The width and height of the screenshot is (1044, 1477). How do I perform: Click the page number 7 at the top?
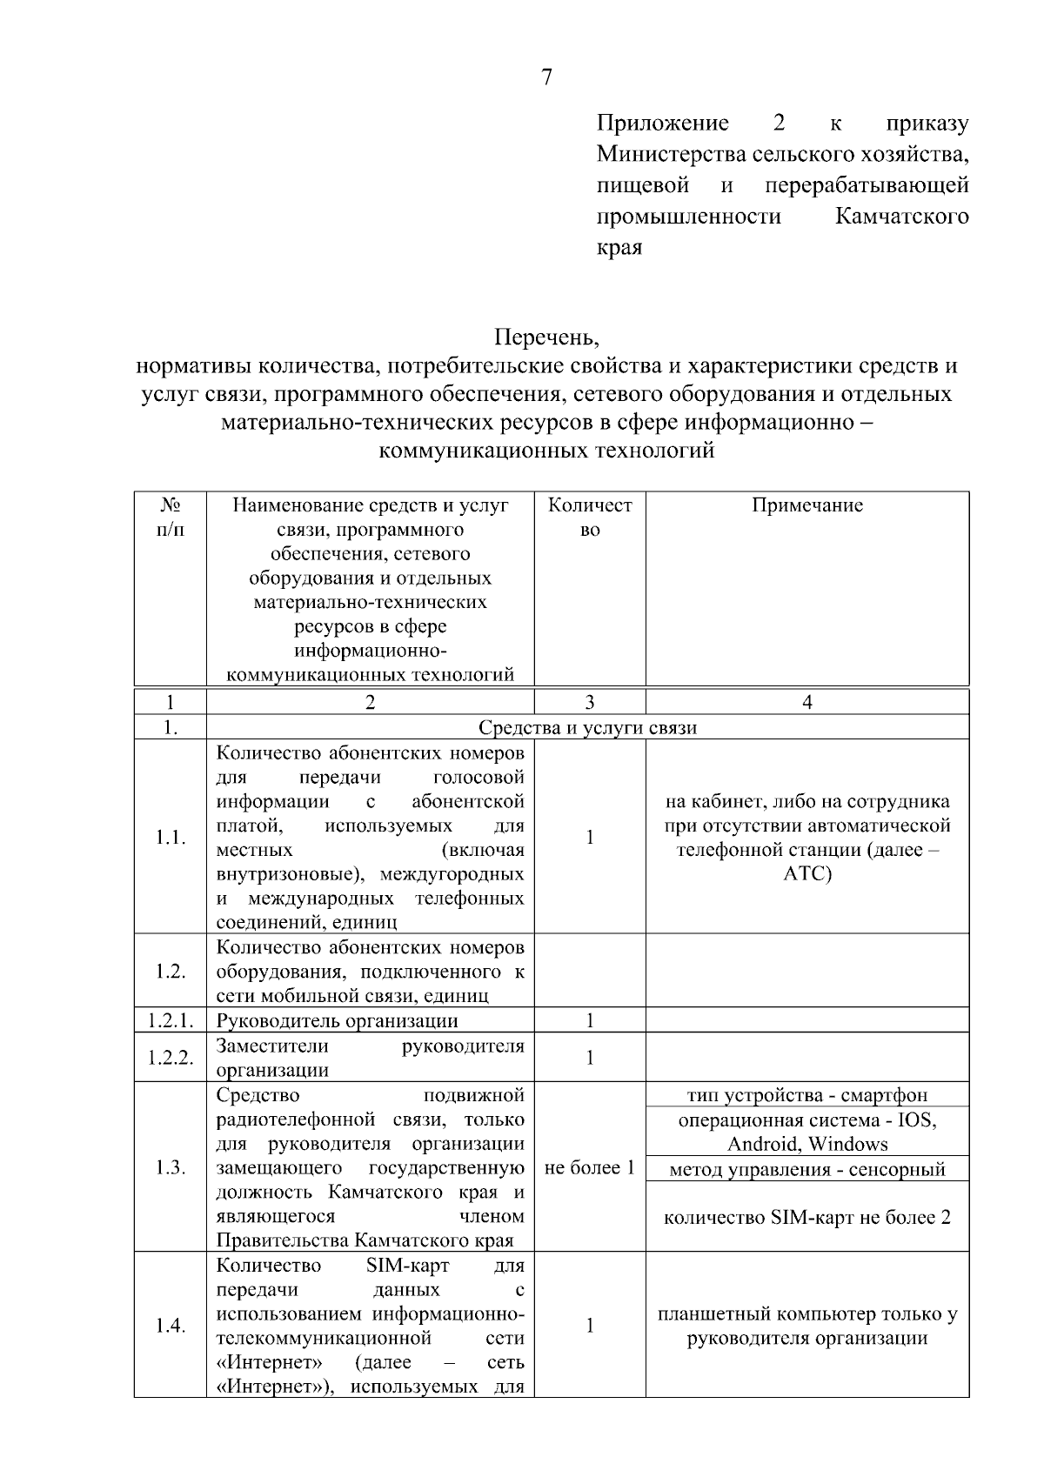[546, 78]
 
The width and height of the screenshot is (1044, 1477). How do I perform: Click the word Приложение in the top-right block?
[662, 124]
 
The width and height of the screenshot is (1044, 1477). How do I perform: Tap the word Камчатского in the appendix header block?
[901, 216]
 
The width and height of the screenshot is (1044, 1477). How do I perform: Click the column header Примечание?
[806, 506]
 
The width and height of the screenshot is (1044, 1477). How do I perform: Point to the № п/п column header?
[171, 517]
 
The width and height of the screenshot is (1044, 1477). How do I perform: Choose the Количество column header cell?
[589, 517]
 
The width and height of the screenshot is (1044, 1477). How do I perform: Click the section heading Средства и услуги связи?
[587, 727]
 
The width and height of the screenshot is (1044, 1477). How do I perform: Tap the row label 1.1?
[171, 837]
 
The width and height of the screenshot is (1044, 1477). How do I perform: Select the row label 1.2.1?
[171, 1020]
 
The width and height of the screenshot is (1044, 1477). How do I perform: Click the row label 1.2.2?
[171, 1058]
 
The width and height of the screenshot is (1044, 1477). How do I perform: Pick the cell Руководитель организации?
[337, 1020]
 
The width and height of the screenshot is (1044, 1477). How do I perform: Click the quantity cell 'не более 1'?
[589, 1167]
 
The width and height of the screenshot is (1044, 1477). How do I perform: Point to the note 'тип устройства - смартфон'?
[806, 1095]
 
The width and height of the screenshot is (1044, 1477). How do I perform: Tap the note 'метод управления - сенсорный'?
[806, 1169]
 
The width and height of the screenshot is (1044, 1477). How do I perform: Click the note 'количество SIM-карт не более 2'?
[806, 1217]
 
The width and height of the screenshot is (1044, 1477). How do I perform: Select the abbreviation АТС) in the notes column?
[806, 873]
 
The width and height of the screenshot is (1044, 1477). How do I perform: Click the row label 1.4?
[171, 1326]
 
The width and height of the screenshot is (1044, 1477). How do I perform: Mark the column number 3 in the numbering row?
[589, 702]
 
